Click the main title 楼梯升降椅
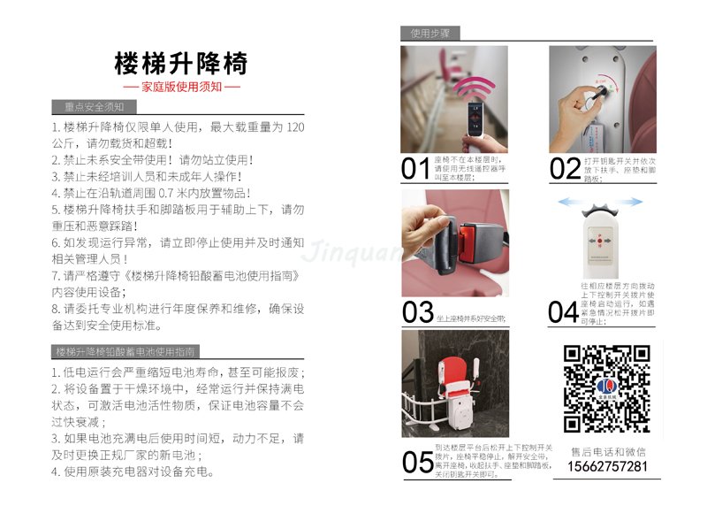point(181,64)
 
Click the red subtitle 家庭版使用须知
point(181,88)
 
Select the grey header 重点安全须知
point(95,107)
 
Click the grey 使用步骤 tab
point(430,34)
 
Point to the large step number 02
point(565,168)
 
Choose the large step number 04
point(563,312)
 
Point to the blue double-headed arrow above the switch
point(599,203)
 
